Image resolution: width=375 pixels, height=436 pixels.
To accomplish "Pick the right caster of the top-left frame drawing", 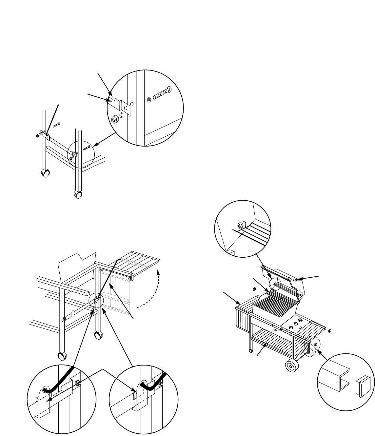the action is pos(78,195).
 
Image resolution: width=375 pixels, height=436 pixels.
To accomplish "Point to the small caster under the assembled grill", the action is pos(250,351).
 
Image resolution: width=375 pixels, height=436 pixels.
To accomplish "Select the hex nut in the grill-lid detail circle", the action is pos(240,226).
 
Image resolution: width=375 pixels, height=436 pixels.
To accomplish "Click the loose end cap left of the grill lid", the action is pos(254,289).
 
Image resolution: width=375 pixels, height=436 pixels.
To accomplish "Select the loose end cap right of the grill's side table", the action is pos(330,331).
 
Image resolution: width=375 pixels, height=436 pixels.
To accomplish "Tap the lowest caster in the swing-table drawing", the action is pos(61,356).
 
